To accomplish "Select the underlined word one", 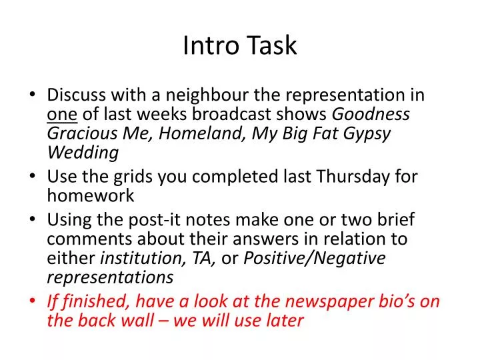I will coord(62,115).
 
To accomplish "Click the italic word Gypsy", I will coord(366,133).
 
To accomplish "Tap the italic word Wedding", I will coord(83,153).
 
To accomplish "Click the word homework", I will coord(90,195).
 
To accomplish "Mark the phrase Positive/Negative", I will coord(315,257).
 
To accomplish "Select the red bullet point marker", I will coord(35,301).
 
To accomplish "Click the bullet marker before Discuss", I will coord(35,96).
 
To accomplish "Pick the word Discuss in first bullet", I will coord(74,95).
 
